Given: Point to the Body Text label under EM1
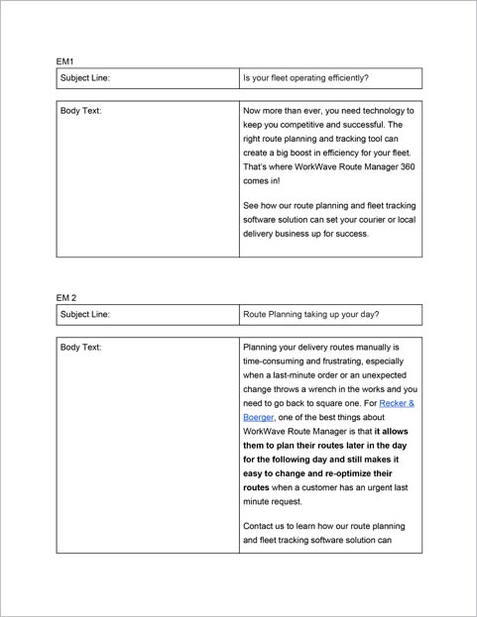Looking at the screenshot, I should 81,111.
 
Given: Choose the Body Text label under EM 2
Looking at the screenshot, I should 81,348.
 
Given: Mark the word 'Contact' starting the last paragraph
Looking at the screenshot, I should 261,525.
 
